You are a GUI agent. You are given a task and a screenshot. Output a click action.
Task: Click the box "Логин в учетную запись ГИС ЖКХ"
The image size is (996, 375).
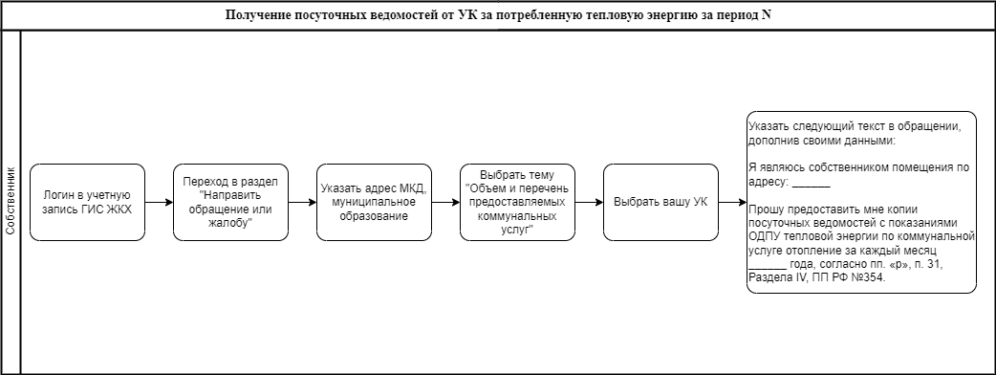(x=88, y=202)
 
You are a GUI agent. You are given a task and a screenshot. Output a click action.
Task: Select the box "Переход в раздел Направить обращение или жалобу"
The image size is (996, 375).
(x=230, y=202)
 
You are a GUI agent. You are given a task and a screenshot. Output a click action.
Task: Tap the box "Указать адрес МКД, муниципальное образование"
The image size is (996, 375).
(x=374, y=202)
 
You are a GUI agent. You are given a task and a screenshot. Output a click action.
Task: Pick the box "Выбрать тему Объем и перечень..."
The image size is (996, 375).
(x=518, y=202)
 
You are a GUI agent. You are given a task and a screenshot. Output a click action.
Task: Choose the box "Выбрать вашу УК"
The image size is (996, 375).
(x=660, y=202)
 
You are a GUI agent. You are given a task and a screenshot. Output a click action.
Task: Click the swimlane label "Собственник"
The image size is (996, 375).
(x=11, y=202)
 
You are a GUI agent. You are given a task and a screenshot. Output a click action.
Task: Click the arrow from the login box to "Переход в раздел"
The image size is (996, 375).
(x=160, y=202)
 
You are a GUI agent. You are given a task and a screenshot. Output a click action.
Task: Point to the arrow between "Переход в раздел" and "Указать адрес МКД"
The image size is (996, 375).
(x=302, y=202)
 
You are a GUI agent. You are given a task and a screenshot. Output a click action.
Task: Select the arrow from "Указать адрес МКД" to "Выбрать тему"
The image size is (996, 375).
(x=446, y=202)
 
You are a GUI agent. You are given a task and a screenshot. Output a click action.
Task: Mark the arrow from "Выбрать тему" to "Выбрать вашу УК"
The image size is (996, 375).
(x=590, y=202)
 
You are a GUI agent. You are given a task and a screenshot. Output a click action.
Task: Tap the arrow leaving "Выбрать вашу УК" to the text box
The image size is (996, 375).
(x=732, y=202)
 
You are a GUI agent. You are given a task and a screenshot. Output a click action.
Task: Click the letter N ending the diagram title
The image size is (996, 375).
(x=766, y=15)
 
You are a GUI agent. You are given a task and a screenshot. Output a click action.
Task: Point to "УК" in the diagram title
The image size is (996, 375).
(x=466, y=15)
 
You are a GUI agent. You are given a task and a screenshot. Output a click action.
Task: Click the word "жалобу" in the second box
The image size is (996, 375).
(x=230, y=222)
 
